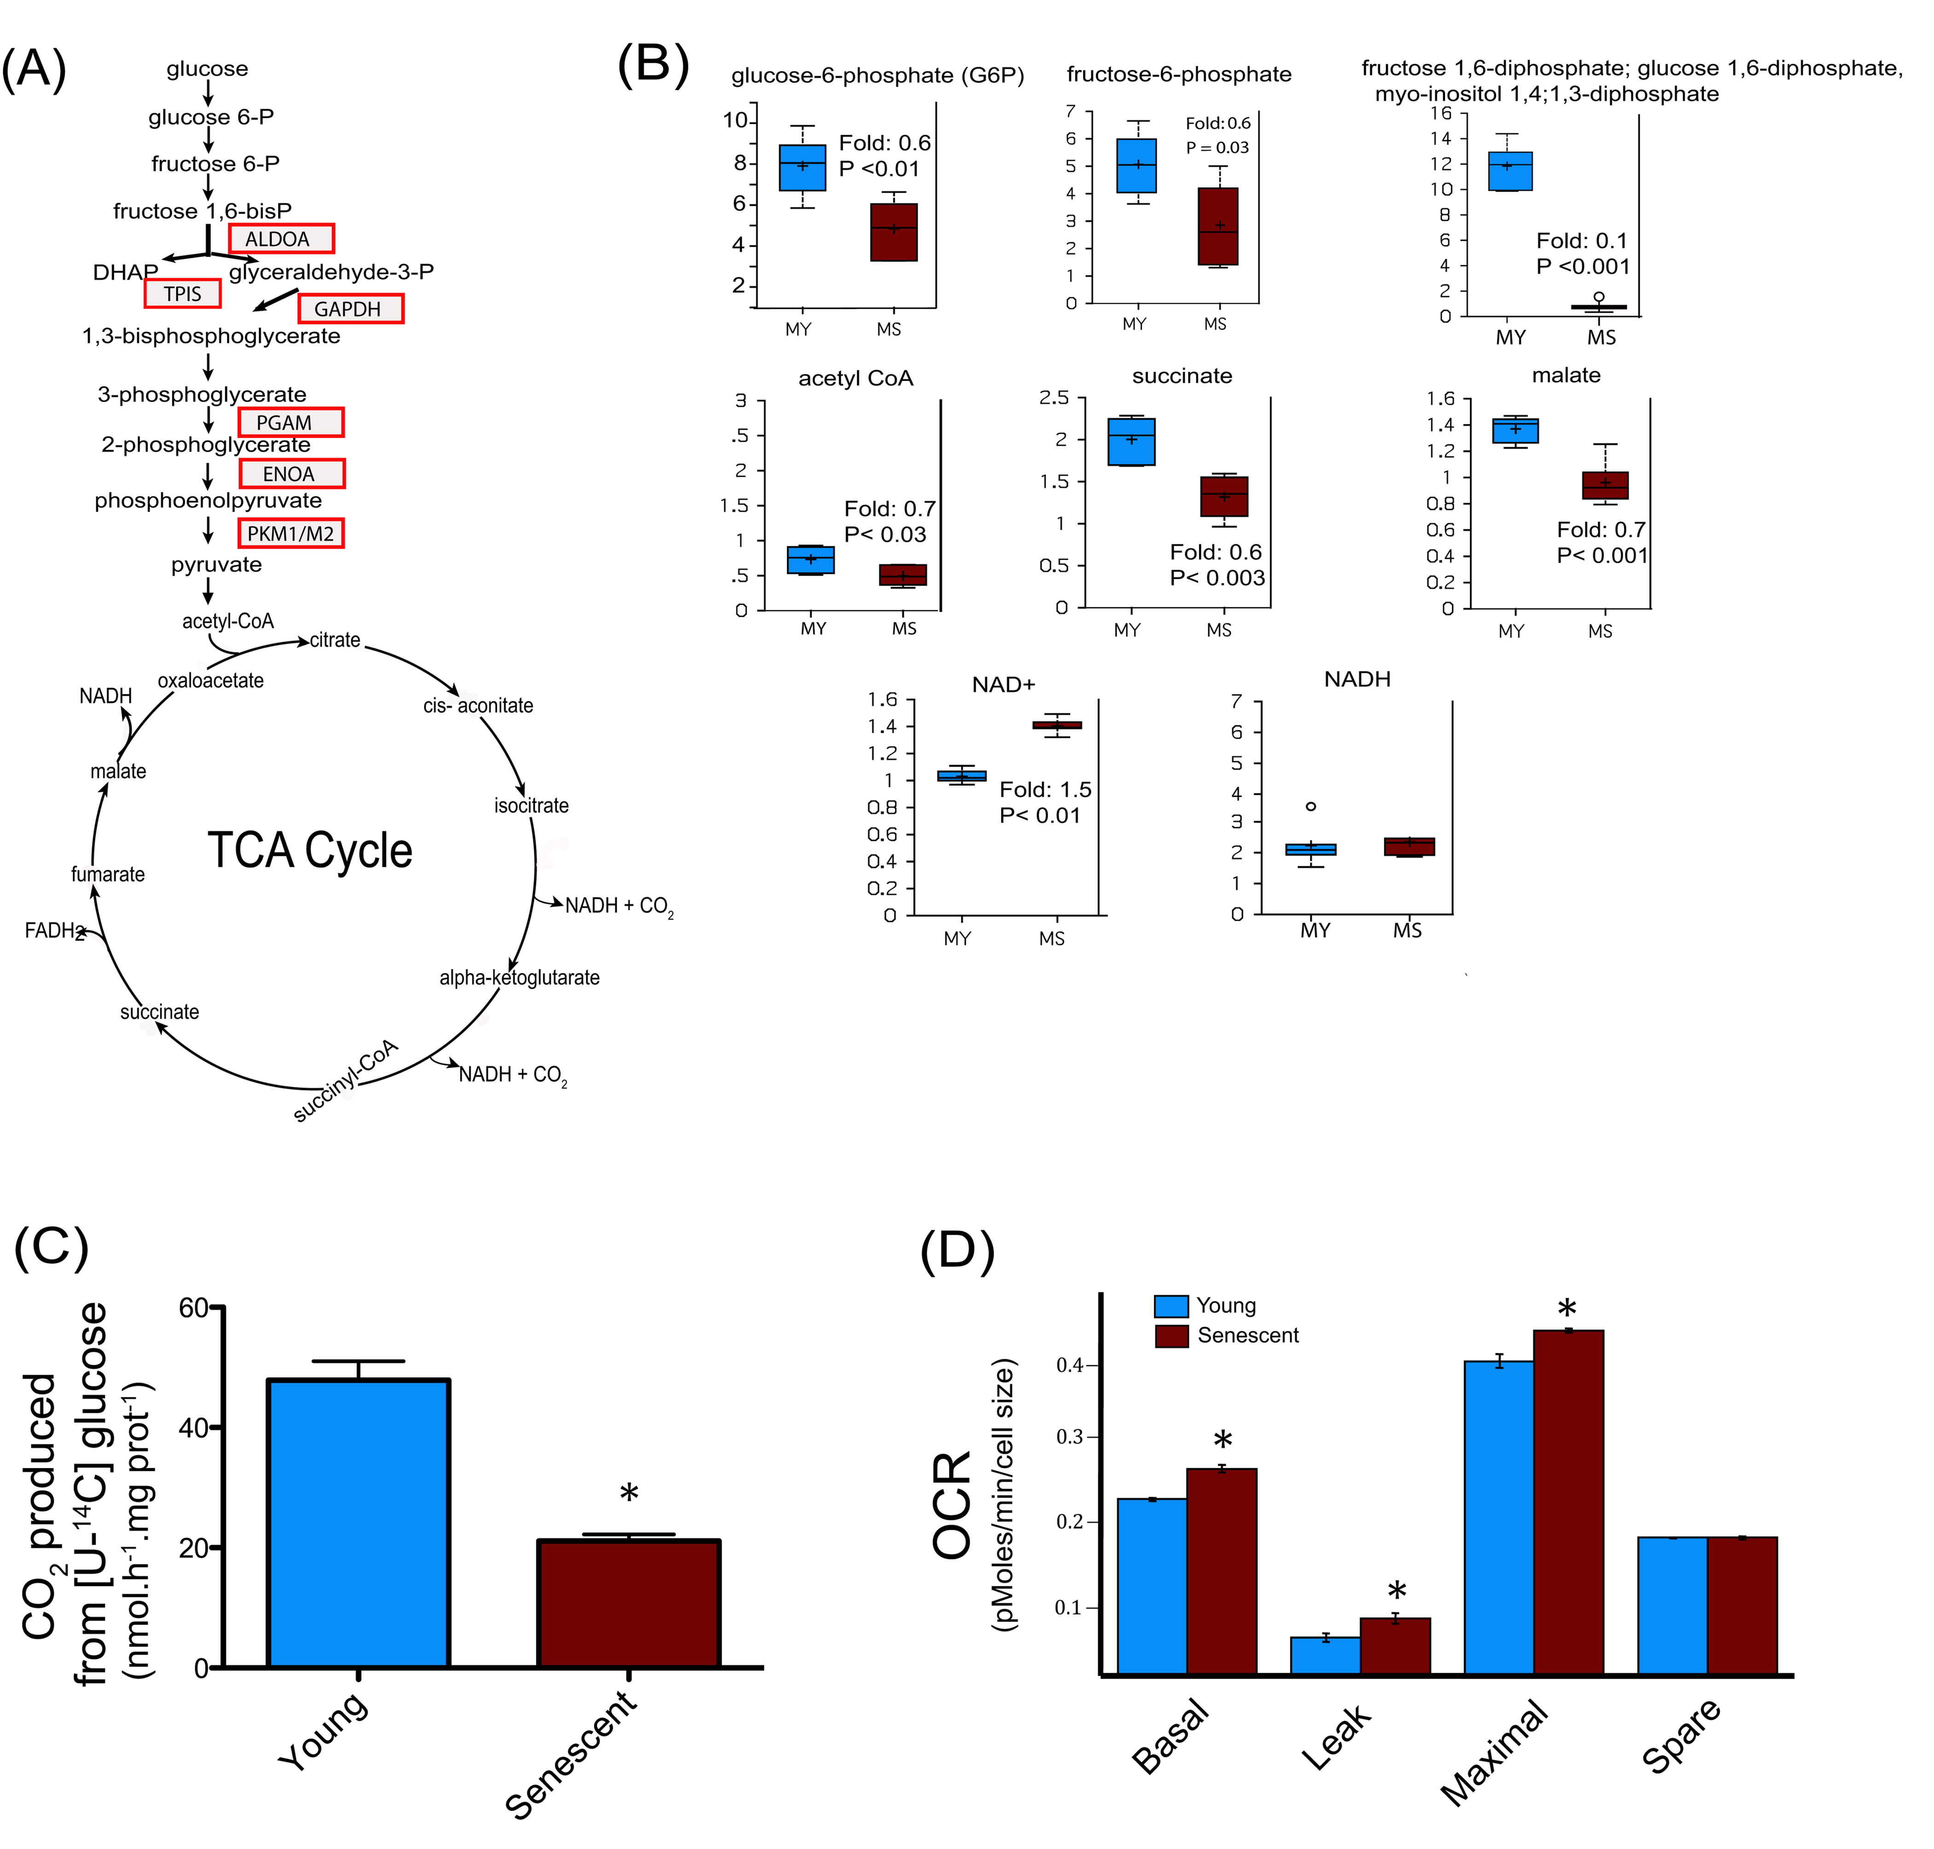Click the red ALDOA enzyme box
coord(281,239)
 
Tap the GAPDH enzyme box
coord(350,309)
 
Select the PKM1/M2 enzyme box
coord(291,533)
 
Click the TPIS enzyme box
coord(182,294)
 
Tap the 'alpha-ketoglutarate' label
coord(519,978)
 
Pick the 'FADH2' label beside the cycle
coord(54,930)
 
